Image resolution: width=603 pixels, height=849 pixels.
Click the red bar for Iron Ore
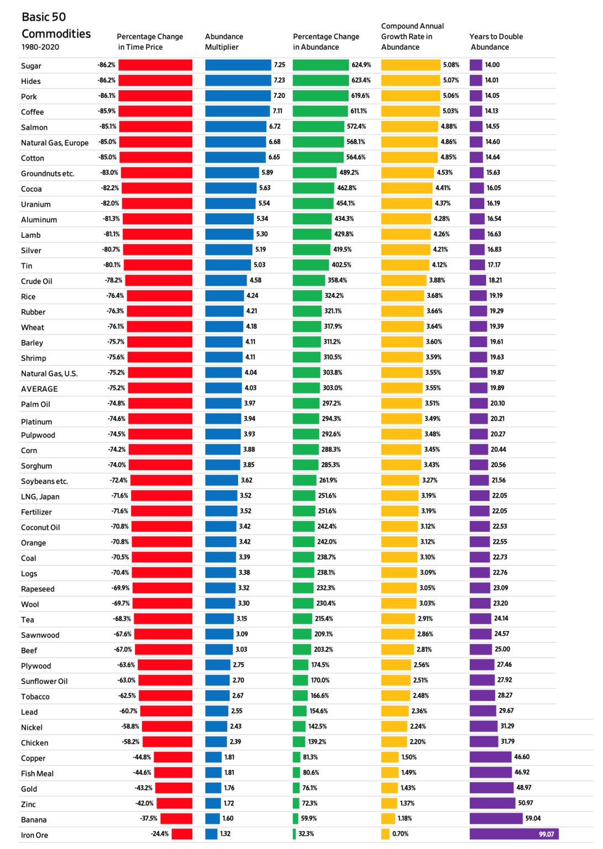coord(182,834)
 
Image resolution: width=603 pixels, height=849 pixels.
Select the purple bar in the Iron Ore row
coord(513,834)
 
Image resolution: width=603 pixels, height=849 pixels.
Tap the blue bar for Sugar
coord(238,65)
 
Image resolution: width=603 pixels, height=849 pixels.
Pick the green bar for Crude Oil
coord(309,280)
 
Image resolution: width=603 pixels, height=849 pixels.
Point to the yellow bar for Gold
coord(390,788)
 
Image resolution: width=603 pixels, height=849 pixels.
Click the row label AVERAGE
coord(39,389)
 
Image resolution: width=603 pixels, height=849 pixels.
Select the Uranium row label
coord(35,204)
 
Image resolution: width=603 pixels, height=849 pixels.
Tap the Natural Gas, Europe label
coord(55,143)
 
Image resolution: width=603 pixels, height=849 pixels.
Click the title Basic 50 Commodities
coord(56,25)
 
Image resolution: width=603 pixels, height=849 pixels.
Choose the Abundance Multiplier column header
coord(224,41)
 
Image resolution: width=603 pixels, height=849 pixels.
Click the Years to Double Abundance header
coord(496,41)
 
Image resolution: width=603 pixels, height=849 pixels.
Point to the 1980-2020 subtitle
coord(40,47)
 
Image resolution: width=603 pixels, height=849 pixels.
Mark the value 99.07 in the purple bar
coord(546,834)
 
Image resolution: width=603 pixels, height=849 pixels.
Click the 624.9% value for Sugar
coord(361,65)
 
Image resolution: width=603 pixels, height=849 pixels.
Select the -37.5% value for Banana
coord(148,818)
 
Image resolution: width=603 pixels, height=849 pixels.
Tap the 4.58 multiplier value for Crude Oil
coord(255,280)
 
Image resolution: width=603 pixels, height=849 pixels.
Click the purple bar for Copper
coord(490,757)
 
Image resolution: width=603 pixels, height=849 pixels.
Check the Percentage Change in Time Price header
coord(150,41)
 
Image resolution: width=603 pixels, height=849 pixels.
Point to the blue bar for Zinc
coord(213,803)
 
